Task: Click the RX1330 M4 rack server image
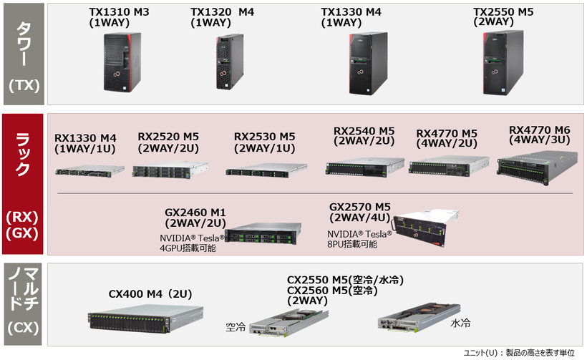[84, 171]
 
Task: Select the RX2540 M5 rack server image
[364, 166]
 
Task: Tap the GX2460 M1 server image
[263, 235]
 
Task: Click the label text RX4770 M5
[447, 134]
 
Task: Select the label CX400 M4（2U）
[150, 293]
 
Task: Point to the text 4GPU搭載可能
[188, 248]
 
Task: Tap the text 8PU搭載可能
[352, 244]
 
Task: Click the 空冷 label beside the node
[236, 327]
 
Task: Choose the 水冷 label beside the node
[460, 323]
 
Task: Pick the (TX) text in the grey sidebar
[23, 85]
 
